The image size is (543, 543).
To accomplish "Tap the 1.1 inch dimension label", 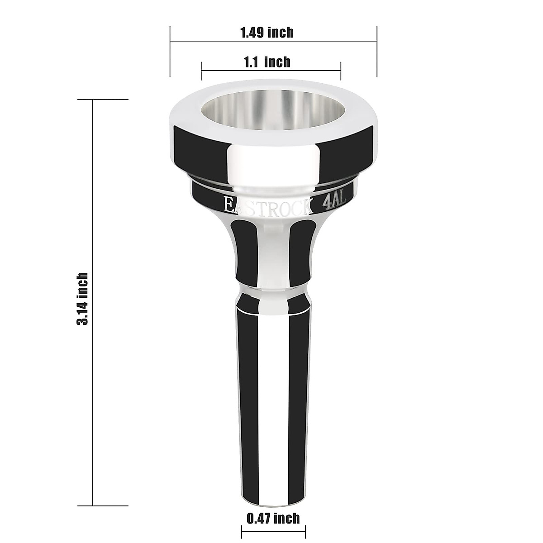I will [267, 61].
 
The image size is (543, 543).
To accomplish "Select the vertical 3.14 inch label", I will [82, 299].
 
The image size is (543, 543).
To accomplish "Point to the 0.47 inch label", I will [273, 518].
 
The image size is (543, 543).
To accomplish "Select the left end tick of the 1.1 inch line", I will [201, 71].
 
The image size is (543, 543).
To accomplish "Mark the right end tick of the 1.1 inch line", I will [341, 71].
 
